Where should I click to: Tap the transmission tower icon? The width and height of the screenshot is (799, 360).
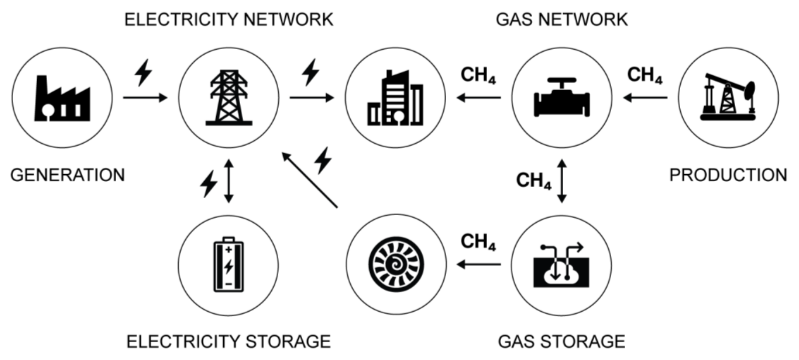click(x=229, y=98)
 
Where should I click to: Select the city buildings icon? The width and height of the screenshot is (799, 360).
click(x=395, y=99)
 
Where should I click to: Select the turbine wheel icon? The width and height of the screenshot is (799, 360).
click(x=396, y=264)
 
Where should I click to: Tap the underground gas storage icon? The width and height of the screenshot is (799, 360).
click(x=561, y=266)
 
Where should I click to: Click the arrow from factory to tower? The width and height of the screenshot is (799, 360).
click(x=145, y=98)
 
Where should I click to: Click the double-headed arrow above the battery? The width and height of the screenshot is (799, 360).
click(x=229, y=181)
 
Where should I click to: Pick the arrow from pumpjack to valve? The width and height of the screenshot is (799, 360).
click(x=645, y=98)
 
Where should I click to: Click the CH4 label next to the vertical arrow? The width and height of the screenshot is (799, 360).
click(x=534, y=181)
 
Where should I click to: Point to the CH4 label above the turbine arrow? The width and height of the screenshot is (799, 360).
click(x=478, y=242)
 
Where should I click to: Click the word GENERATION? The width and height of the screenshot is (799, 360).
click(x=68, y=175)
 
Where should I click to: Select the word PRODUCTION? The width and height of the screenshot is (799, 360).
click(x=728, y=175)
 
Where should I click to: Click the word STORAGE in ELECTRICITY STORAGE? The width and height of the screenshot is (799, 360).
click(x=288, y=342)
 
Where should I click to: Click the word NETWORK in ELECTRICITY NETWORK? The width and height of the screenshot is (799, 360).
click(x=288, y=20)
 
